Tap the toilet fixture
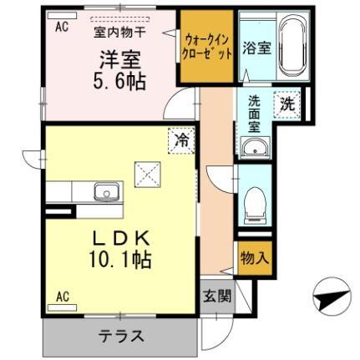(254, 200)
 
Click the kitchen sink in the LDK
(106, 193)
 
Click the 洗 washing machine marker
(286, 105)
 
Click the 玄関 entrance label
(216, 297)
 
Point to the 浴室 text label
(256, 47)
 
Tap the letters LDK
(119, 237)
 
